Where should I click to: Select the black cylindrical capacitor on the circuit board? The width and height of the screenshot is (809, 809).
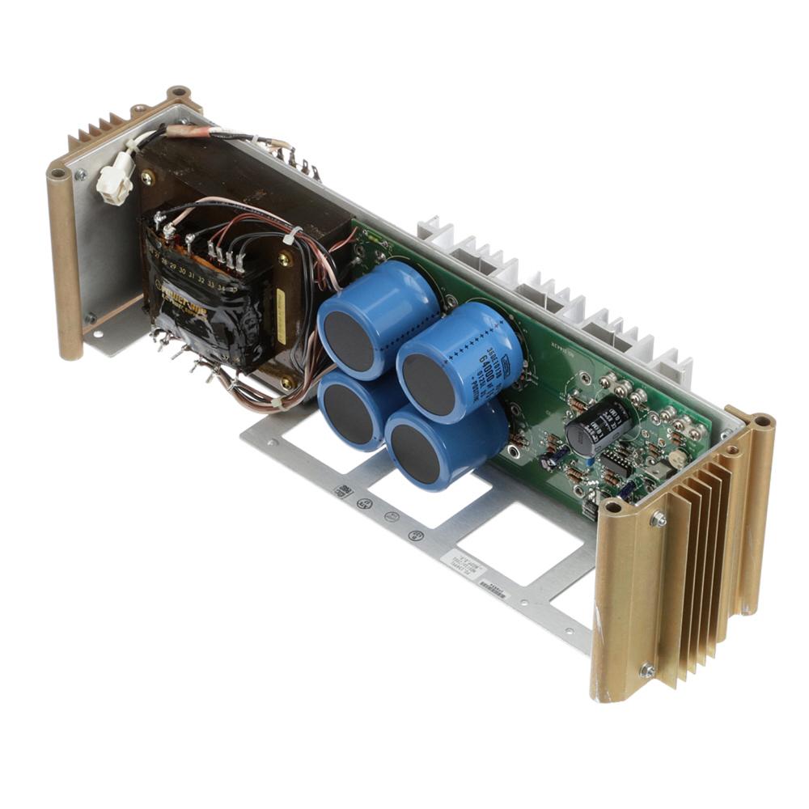(x=597, y=426)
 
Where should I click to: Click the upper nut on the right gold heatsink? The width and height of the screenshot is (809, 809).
(x=659, y=519)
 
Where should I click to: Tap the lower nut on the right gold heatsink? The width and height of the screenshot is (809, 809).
(x=646, y=669)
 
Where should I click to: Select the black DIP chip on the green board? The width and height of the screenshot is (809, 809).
(x=616, y=463)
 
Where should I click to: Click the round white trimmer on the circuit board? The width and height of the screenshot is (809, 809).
(x=679, y=458)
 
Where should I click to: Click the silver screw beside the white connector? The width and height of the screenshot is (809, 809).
(x=79, y=175)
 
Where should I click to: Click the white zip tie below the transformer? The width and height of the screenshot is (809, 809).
(x=277, y=401)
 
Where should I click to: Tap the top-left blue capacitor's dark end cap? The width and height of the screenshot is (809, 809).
(x=349, y=341)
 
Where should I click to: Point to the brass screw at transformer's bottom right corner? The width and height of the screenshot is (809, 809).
(x=285, y=382)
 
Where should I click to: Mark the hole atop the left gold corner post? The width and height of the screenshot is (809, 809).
(x=58, y=172)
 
